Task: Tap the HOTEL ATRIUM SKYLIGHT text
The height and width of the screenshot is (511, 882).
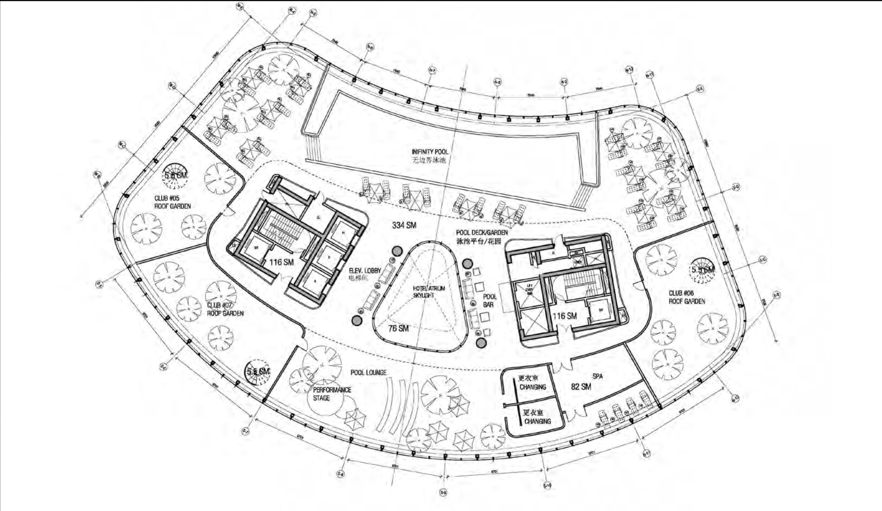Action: pyautogui.click(x=429, y=292)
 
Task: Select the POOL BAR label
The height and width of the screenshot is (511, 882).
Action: pyautogui.click(x=490, y=301)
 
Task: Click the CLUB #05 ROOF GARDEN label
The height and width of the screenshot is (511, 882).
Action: pyautogui.click(x=172, y=202)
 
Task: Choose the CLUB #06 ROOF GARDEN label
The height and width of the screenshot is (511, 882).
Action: pyautogui.click(x=687, y=297)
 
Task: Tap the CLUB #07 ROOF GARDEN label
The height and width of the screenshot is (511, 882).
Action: pyautogui.click(x=225, y=309)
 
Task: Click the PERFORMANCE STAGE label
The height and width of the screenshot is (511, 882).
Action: pyautogui.click(x=332, y=394)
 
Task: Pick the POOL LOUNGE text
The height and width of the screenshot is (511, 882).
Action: pyautogui.click(x=368, y=373)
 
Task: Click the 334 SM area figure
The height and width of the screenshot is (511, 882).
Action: pyautogui.click(x=404, y=225)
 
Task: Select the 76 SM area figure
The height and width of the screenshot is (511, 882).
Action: pyautogui.click(x=398, y=328)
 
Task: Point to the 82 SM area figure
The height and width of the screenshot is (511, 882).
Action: pyautogui.click(x=581, y=387)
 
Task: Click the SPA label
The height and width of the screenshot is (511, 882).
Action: pyautogui.click(x=597, y=377)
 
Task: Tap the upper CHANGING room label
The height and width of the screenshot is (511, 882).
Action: pyautogui.click(x=533, y=387)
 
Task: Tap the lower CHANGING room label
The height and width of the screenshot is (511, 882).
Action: pyautogui.click(x=538, y=421)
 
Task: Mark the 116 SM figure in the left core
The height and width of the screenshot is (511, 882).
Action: pyautogui.click(x=281, y=262)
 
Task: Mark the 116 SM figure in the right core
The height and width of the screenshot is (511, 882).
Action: pyautogui.click(x=564, y=316)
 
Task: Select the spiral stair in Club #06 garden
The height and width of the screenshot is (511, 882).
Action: pyautogui.click(x=703, y=269)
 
